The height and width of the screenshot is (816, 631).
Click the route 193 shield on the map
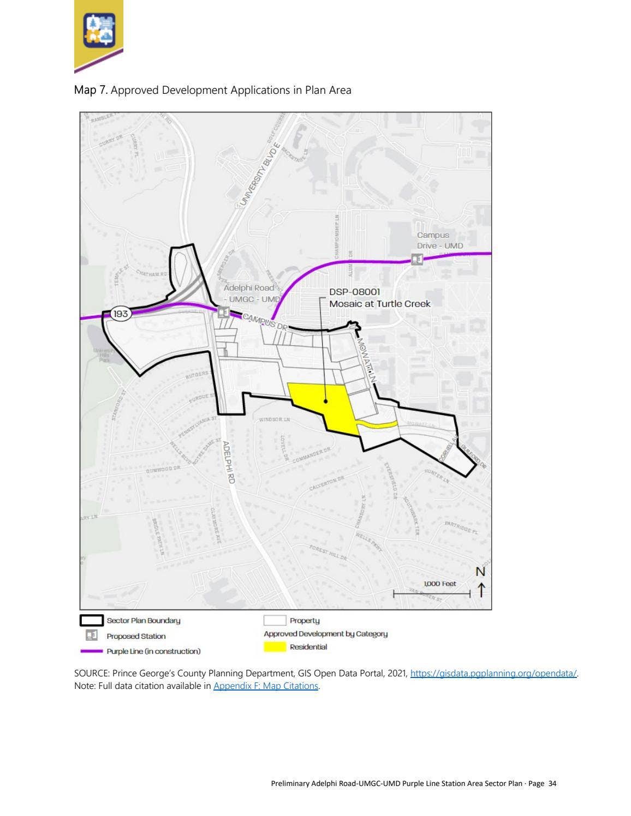coord(121,314)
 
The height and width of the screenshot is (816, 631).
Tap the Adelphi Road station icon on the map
coord(223,313)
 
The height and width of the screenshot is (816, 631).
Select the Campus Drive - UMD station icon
coord(416,259)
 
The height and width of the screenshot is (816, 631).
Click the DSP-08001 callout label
coord(354,292)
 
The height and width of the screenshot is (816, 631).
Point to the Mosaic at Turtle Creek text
coord(379,304)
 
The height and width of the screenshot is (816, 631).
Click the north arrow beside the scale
coord(481,589)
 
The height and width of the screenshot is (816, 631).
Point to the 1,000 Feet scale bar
coord(431,593)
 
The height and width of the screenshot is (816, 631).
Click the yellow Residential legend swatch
coord(275,647)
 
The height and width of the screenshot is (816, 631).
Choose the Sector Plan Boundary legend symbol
coord(92,620)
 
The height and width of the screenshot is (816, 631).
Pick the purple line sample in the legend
coord(91,651)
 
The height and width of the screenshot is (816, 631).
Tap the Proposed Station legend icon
coord(92,635)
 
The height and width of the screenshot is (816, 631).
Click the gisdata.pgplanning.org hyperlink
coord(493,673)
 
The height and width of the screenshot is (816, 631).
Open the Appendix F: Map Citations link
coord(266,686)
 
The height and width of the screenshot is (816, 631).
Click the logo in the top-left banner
coord(99,30)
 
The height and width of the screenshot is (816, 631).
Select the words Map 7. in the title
coord(91,90)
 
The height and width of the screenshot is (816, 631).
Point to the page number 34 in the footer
coord(552,783)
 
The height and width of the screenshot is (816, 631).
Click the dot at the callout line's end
coord(326,401)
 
